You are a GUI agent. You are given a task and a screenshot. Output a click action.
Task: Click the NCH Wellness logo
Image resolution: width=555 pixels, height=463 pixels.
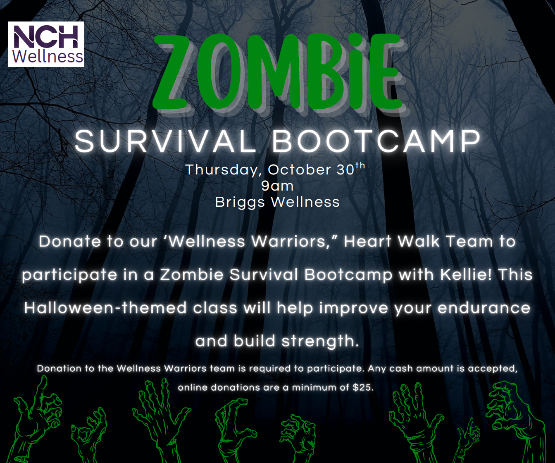[46, 44]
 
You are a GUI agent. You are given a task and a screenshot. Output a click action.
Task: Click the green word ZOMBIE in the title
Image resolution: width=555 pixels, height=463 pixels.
[278, 72]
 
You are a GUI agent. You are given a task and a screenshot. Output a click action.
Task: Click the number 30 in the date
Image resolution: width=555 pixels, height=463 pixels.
[345, 169]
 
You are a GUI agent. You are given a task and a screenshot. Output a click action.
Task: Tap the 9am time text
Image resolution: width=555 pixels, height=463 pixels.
[277, 186]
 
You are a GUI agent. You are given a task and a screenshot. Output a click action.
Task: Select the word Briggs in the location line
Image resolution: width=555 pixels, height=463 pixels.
[240, 203]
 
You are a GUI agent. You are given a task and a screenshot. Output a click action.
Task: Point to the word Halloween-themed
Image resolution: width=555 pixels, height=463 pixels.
[105, 308]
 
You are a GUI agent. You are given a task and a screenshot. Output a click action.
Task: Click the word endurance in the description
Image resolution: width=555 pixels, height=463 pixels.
[484, 308]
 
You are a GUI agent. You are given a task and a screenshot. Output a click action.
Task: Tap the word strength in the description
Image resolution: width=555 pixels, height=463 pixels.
[320, 341]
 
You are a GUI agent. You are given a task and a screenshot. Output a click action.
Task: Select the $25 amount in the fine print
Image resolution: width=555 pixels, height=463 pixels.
[363, 387]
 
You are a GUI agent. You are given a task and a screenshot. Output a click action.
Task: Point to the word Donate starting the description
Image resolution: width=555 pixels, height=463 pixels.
[70, 241]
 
